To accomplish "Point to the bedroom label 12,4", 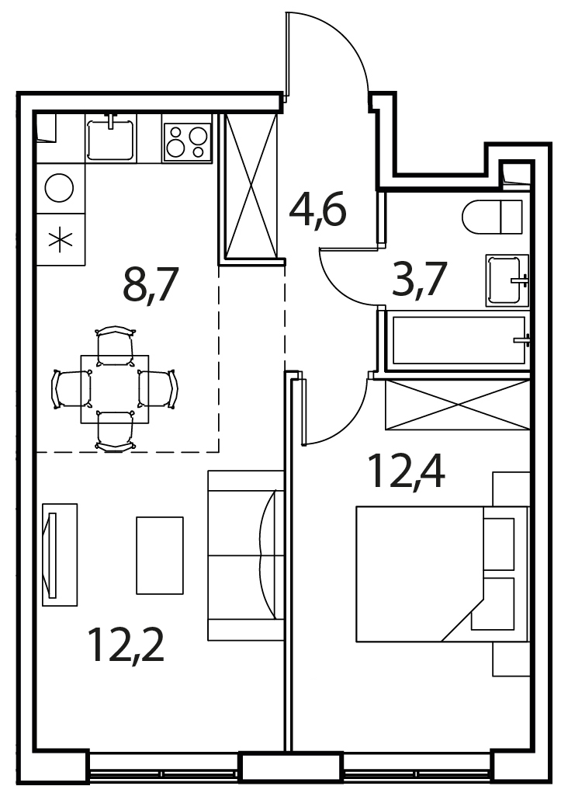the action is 406,471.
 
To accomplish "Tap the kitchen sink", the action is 110,137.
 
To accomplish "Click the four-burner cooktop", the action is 187,139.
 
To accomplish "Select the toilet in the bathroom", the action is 493,217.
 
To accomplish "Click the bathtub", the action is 459,340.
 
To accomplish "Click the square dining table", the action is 116,389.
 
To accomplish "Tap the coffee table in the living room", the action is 160,555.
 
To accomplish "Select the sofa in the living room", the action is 246,555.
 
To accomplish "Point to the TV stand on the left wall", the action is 60,555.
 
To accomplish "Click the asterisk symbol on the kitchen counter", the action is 61,240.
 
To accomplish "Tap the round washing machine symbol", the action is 60,188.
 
